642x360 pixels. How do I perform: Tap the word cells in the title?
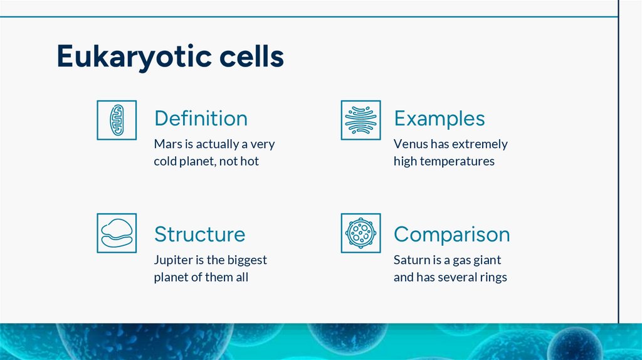(251, 56)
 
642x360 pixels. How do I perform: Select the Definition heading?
(201, 119)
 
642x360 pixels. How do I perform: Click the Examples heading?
(439, 119)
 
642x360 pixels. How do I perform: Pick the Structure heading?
(199, 234)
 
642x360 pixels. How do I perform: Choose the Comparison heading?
(451, 234)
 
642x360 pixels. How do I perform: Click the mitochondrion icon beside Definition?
(117, 120)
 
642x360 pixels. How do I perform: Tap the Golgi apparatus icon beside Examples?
(360, 120)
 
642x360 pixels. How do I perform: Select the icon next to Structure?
(117, 233)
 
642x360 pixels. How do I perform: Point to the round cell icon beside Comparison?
(360, 233)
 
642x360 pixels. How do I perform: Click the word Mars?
(167, 144)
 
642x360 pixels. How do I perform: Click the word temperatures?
(457, 162)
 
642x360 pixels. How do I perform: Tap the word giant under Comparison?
(488, 260)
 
